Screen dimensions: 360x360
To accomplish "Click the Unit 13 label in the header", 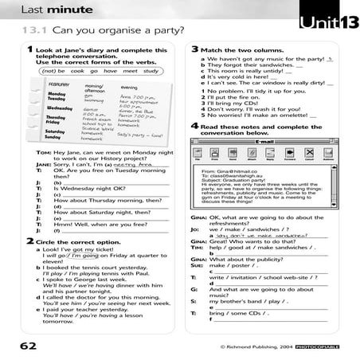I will (326, 22).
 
